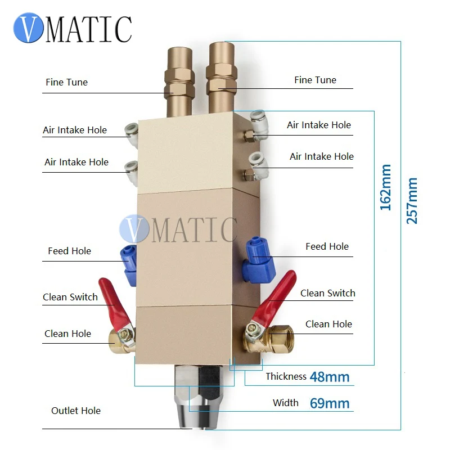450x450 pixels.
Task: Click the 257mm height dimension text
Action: pos(412,201)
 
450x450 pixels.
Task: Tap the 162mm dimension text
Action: pos(386,187)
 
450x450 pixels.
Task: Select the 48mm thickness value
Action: pos(329,376)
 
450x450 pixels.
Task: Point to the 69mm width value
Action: pos(330,403)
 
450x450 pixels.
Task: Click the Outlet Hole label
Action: pos(76,411)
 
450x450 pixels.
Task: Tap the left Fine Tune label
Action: pos(66,82)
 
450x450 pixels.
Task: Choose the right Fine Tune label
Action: pos(315,80)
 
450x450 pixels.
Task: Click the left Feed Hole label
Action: pos(69,251)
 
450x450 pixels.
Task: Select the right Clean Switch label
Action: pos(327,293)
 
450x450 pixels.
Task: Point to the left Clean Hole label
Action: pos(67,334)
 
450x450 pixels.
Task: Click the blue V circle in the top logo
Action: pos(29,28)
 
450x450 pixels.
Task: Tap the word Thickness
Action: pos(286,376)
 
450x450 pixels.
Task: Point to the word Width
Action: pos(285,403)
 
